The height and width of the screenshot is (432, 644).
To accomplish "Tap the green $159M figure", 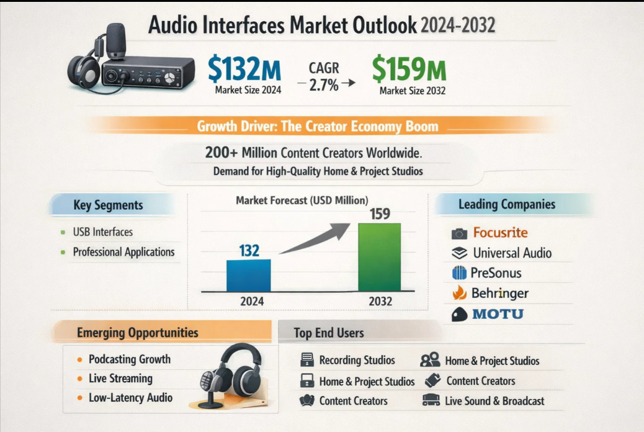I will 409,70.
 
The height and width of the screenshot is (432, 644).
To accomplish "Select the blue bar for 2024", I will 248,276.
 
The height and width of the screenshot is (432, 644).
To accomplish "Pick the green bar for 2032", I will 380,257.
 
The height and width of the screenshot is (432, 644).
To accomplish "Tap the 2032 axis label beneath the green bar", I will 380,301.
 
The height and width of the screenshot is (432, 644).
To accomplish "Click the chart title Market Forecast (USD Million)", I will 302,200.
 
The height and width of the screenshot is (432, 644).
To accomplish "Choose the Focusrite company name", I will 500,233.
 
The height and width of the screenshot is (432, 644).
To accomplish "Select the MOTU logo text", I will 498,313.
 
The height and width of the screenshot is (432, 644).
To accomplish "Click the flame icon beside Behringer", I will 460,293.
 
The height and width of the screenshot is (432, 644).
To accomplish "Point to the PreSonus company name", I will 496,273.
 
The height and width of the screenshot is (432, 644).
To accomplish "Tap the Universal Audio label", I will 512,253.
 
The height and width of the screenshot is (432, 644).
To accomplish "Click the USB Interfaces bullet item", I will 102,232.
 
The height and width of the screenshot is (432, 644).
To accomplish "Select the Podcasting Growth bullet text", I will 129,359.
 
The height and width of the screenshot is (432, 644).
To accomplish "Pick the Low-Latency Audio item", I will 130,398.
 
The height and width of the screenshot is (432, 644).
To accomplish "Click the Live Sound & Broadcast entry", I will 494,401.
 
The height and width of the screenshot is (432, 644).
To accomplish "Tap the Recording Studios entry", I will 357,361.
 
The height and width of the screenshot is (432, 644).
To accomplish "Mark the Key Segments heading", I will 108,205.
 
